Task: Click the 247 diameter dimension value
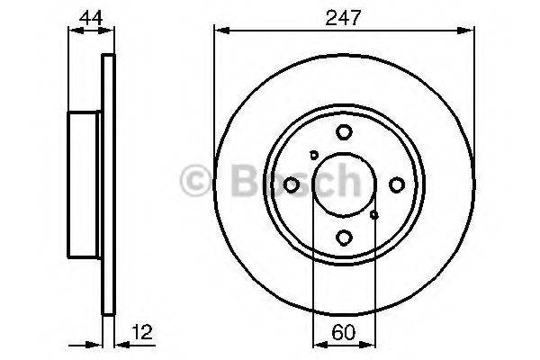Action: pos(343,15)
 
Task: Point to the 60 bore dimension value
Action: pos(343,331)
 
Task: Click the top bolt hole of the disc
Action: pos(344,132)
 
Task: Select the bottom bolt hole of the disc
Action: pos(344,238)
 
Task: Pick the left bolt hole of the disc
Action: pos(291,184)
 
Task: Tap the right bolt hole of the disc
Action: pos(397,184)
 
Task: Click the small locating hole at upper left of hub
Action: pos(313,154)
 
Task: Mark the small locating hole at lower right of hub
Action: pos(374,215)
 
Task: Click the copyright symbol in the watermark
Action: pos(195,183)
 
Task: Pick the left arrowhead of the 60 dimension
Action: pos(316,343)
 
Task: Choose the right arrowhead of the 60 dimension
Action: pos(371,343)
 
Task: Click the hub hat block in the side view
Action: pos(86,184)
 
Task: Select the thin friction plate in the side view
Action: pos(110,184)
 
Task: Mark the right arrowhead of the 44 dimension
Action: pos(112,30)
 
